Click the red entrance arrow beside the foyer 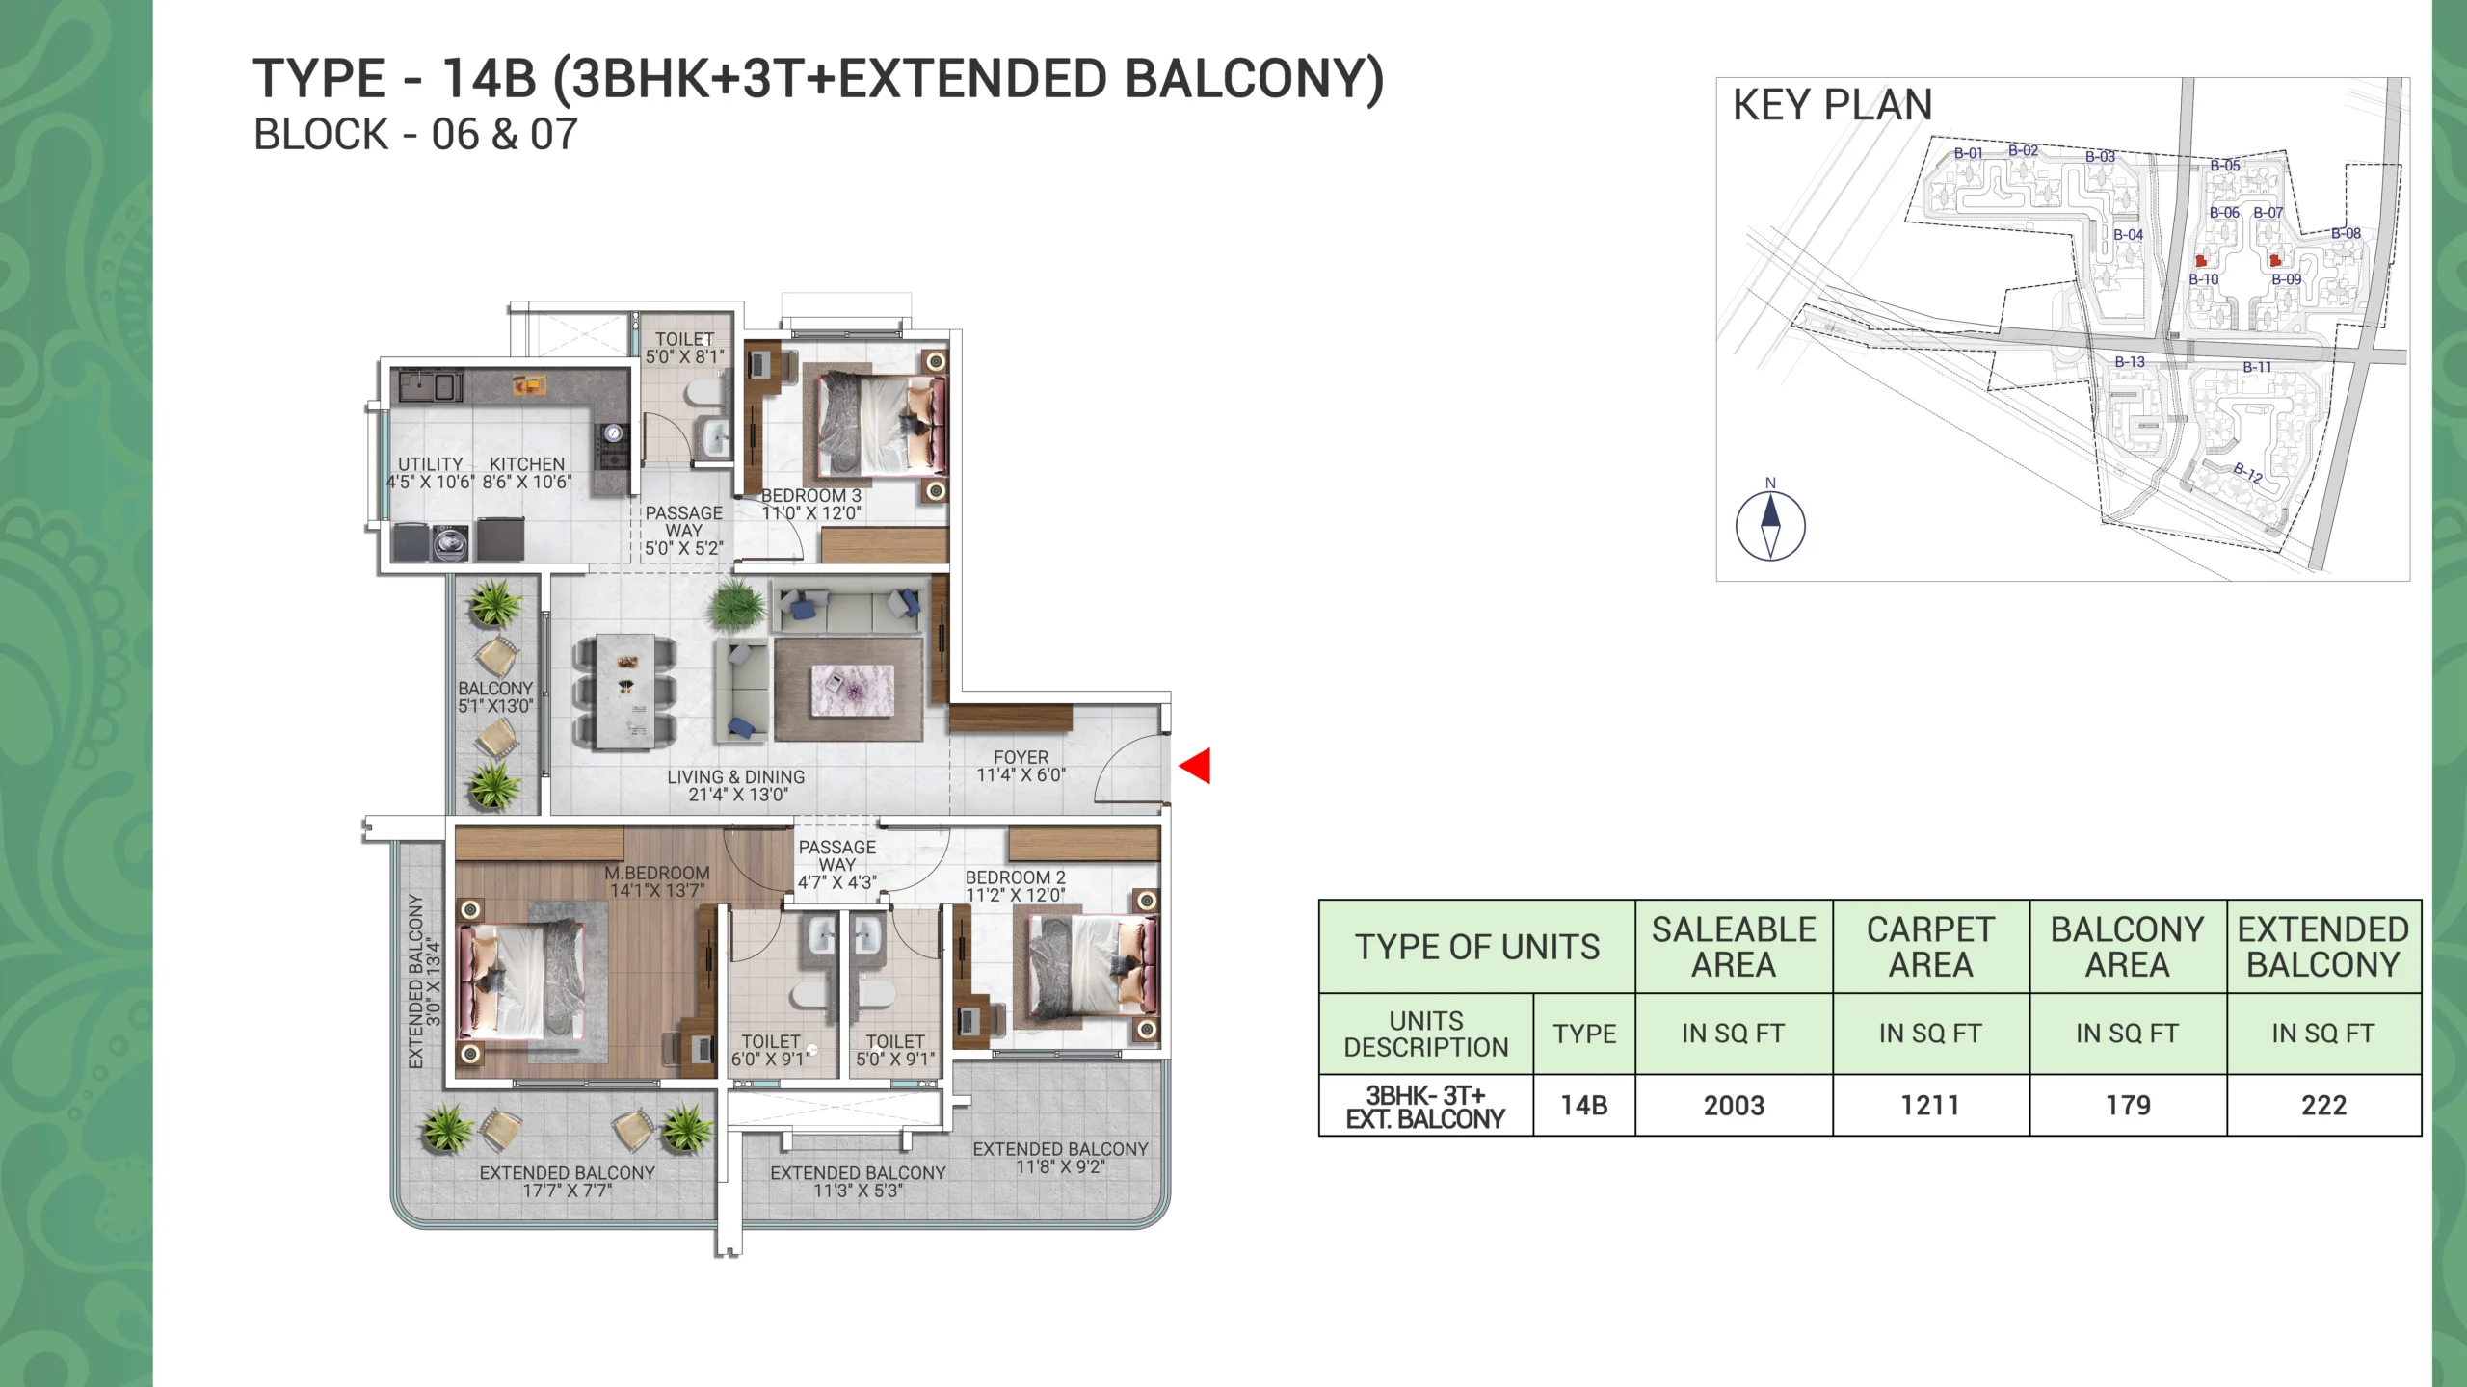(1195, 767)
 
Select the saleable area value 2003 (1734, 1106)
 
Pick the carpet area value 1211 (1930, 1106)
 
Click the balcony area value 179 (2128, 1106)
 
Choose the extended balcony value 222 (2323, 1106)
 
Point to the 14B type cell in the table (1584, 1106)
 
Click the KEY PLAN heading (1832, 105)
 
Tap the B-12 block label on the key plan (2247, 473)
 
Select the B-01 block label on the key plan (1968, 153)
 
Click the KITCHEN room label (526, 464)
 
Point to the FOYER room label (1021, 758)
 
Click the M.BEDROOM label (657, 873)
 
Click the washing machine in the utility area (447, 543)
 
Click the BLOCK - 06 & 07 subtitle (415, 135)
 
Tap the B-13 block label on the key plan (2130, 362)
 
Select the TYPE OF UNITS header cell (1477, 947)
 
